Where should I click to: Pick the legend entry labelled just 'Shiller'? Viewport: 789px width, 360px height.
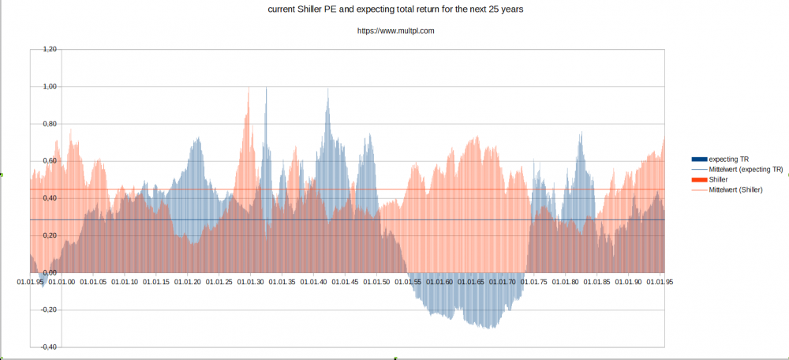tap(719, 179)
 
